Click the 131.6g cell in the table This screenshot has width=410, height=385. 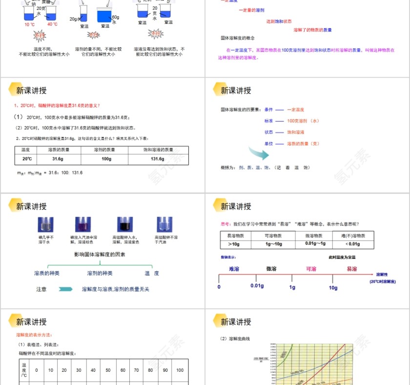point(157,159)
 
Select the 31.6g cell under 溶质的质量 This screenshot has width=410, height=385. point(58,159)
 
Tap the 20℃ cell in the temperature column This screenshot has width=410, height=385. point(27,159)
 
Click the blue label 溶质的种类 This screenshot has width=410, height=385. point(46,273)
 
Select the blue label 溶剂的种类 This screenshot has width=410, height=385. point(100,273)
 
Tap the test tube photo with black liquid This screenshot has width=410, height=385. point(123,224)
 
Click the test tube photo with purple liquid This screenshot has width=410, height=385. point(81,224)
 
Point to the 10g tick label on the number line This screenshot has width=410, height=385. point(333,288)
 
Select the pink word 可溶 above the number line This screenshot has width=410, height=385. point(311,269)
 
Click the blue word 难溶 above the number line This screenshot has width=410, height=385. point(234,269)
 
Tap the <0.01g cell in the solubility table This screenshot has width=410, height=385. point(353,244)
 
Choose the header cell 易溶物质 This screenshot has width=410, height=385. point(236,235)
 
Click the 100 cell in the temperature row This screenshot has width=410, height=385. point(180,370)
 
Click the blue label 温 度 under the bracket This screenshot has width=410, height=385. point(151,273)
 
